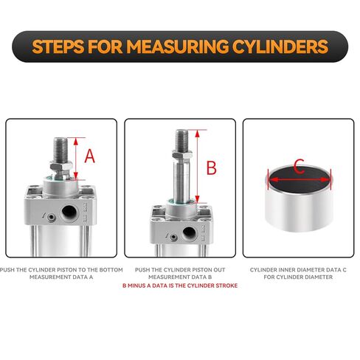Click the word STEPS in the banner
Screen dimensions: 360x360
[x=58, y=46]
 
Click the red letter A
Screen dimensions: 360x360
[x=90, y=156]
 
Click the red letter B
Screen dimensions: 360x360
[x=212, y=167]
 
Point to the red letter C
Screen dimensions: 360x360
[x=299, y=166]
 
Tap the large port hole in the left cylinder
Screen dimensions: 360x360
[x=69, y=212]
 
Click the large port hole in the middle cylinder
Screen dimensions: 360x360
[x=189, y=233]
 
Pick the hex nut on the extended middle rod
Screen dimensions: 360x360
[x=182, y=155]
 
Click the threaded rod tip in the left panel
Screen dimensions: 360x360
[x=60, y=149]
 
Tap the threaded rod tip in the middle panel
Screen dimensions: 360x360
[x=182, y=139]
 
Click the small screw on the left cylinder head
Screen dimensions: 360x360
[x=51, y=218]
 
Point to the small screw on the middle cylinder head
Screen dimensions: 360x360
[x=173, y=238]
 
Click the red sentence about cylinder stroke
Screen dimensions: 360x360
[x=180, y=285]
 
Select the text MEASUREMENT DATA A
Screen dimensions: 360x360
[x=61, y=277]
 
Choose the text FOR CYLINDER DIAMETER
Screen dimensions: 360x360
[x=298, y=277]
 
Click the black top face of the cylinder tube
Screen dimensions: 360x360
[x=300, y=180]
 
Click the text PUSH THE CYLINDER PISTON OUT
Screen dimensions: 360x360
[x=180, y=270]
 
